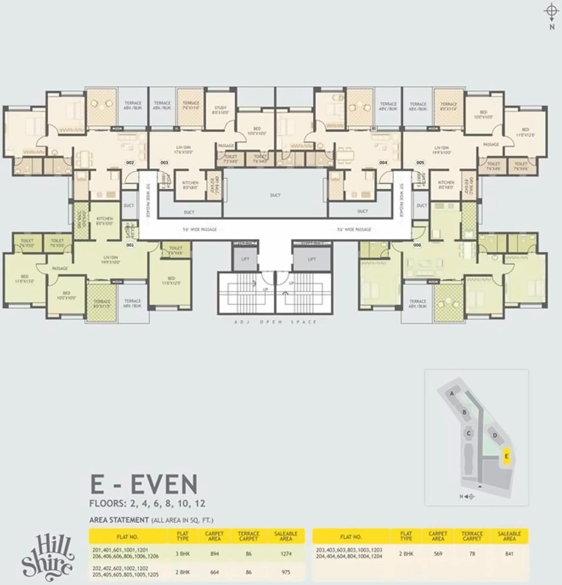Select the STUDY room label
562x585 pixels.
[220, 110]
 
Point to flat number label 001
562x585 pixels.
[130, 245]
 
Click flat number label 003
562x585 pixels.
[164, 162]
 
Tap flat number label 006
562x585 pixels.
[418, 245]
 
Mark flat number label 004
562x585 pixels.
[383, 162]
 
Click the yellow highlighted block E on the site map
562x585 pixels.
[506, 455]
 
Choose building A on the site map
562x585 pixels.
[452, 394]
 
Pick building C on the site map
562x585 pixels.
[468, 433]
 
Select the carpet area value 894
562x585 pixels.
[214, 553]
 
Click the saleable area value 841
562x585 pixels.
[509, 553]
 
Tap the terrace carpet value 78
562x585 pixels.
[472, 553]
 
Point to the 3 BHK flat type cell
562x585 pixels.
[183, 553]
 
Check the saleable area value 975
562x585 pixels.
[286, 572]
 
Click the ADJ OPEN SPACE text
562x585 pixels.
[275, 322]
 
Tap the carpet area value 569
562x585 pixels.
[438, 553]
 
